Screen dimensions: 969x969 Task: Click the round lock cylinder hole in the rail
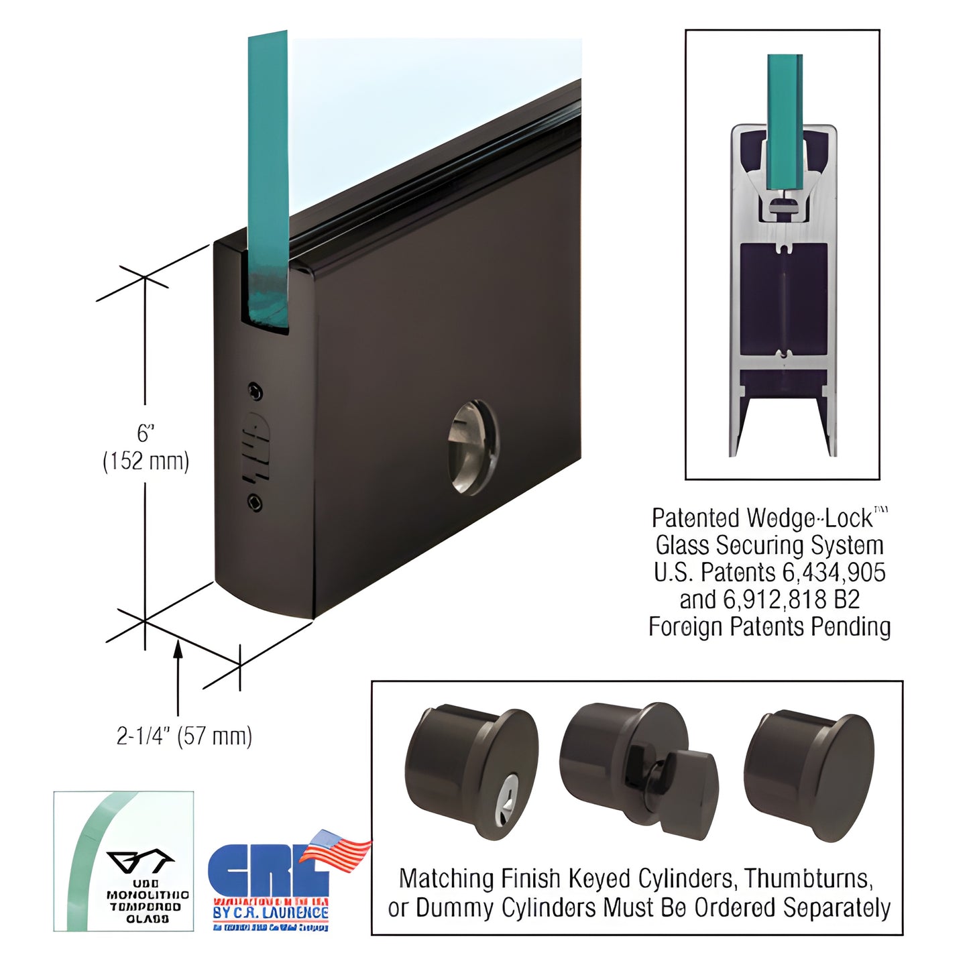[473, 447]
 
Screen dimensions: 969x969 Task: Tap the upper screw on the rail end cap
[255, 392]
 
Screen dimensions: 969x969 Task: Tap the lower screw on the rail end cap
[255, 502]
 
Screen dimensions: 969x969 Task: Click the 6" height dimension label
[146, 433]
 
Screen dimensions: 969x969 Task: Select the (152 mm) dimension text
[146, 461]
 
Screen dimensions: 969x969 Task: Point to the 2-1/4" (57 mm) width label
[184, 736]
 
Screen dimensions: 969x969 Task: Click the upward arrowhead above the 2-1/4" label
[178, 648]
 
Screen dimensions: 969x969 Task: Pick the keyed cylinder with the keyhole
[470, 772]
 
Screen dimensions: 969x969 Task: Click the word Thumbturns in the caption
[809, 878]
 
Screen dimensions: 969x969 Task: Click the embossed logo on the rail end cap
[255, 447]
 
